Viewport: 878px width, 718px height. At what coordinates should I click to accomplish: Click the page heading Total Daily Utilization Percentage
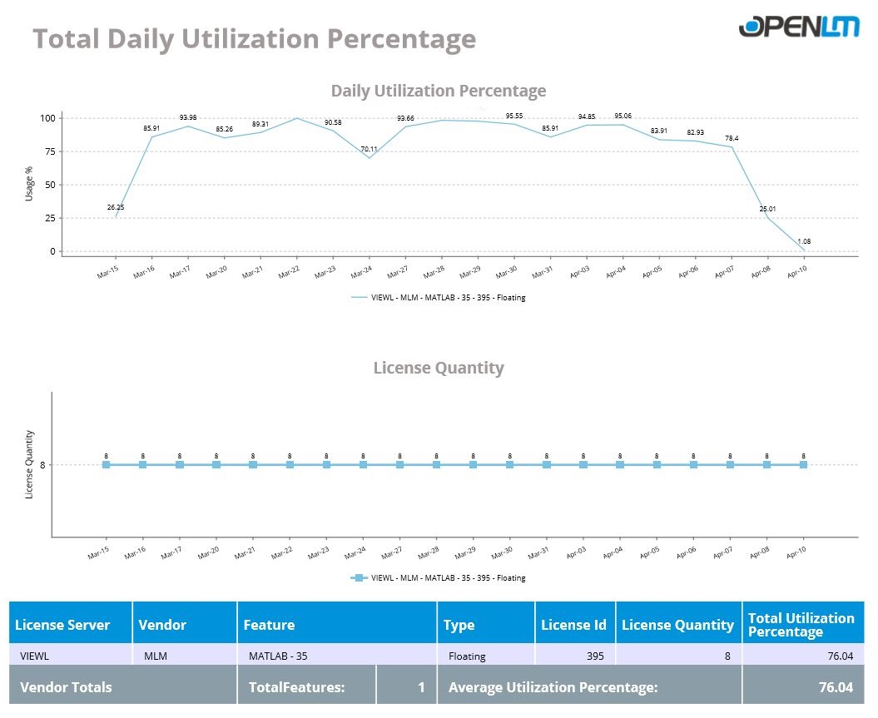[x=254, y=39]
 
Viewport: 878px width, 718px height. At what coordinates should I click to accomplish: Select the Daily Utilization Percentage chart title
[x=439, y=91]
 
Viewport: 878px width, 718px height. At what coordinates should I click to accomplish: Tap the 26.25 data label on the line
[x=116, y=207]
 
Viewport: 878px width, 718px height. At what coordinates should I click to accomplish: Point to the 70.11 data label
[x=369, y=149]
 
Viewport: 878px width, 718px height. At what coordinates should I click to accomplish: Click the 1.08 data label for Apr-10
[x=804, y=241]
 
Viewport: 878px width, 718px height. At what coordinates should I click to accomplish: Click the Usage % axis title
[x=29, y=183]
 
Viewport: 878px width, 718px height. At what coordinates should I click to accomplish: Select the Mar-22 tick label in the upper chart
[x=289, y=273]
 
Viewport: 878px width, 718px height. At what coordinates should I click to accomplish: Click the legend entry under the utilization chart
[x=439, y=297]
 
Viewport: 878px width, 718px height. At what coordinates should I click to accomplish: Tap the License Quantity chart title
[x=439, y=368]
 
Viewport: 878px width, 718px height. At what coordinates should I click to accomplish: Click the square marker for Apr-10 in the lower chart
[x=804, y=464]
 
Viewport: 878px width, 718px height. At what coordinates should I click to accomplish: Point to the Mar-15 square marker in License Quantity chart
[x=107, y=464]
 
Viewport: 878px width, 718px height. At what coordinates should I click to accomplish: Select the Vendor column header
[x=162, y=625]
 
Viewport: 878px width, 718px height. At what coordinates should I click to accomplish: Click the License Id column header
[x=573, y=625]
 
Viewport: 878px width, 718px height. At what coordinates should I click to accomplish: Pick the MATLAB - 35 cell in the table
[x=278, y=656]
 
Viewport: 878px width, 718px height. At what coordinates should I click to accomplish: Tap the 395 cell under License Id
[x=594, y=656]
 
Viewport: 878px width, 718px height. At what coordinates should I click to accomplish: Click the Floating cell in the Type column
[x=467, y=656]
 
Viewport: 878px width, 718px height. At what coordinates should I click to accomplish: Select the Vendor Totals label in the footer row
[x=66, y=687]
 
